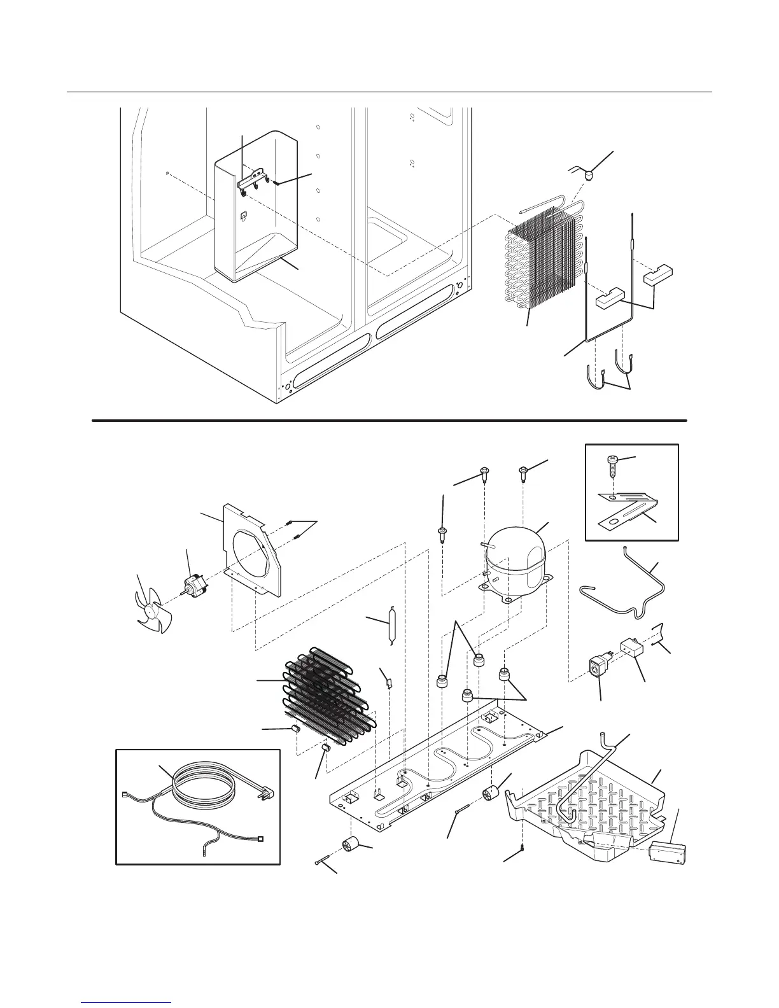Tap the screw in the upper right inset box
612,465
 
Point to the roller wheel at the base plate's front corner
350,845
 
